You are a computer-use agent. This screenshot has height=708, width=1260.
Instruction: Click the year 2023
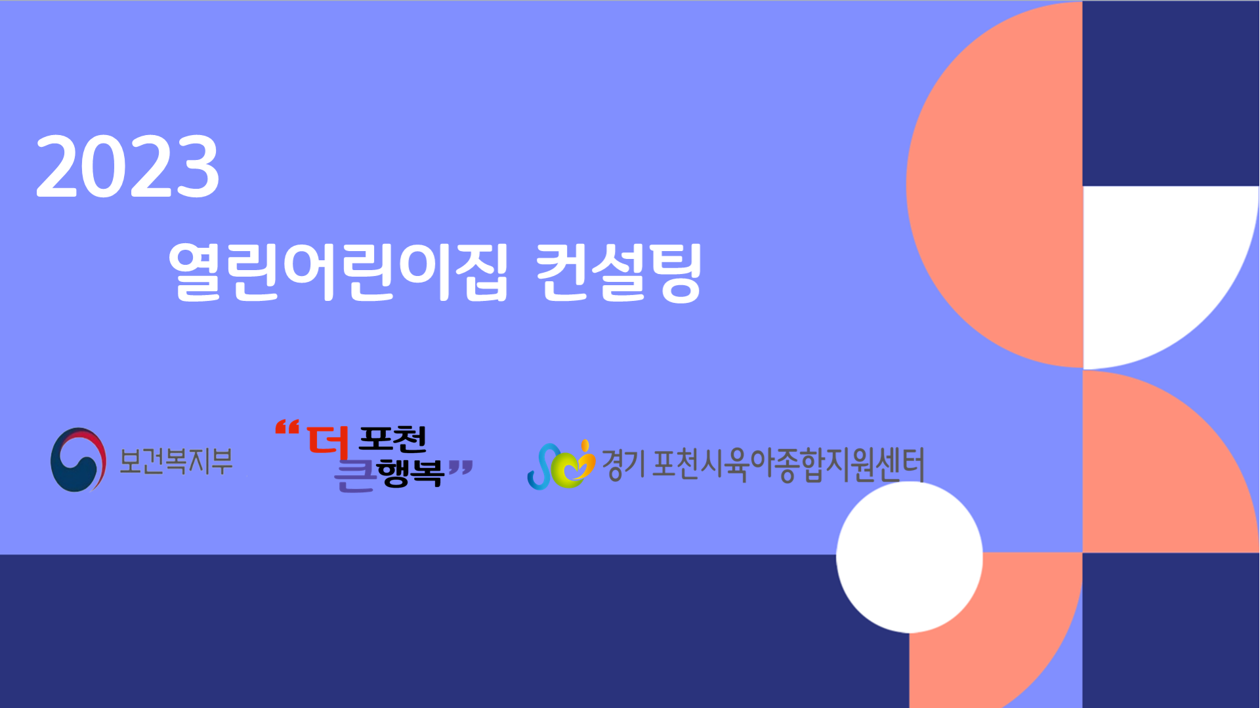point(127,166)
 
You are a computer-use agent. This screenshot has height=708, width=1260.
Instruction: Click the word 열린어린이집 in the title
point(338,272)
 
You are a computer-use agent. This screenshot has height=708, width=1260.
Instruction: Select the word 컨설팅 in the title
point(619,272)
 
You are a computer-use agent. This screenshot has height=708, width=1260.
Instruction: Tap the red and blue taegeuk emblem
point(78,460)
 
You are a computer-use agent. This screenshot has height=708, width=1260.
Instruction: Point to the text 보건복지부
point(176,461)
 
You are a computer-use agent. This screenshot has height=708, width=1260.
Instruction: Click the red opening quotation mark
point(287,428)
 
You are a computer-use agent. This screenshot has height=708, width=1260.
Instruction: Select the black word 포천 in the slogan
point(392,439)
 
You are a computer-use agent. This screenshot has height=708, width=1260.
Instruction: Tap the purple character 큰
point(355,475)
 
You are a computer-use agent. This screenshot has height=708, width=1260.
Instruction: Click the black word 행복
point(411,473)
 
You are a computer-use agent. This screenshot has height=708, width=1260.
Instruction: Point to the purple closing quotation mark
point(461,468)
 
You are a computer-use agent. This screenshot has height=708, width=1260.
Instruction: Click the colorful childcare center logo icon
point(561,465)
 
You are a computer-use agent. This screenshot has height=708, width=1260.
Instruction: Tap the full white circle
point(910,557)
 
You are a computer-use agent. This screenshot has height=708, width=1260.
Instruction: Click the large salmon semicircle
point(994,185)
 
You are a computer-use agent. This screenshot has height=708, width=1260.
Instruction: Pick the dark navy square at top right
point(1171,93)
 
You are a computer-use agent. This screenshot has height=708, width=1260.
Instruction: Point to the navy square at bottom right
point(1171,630)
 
